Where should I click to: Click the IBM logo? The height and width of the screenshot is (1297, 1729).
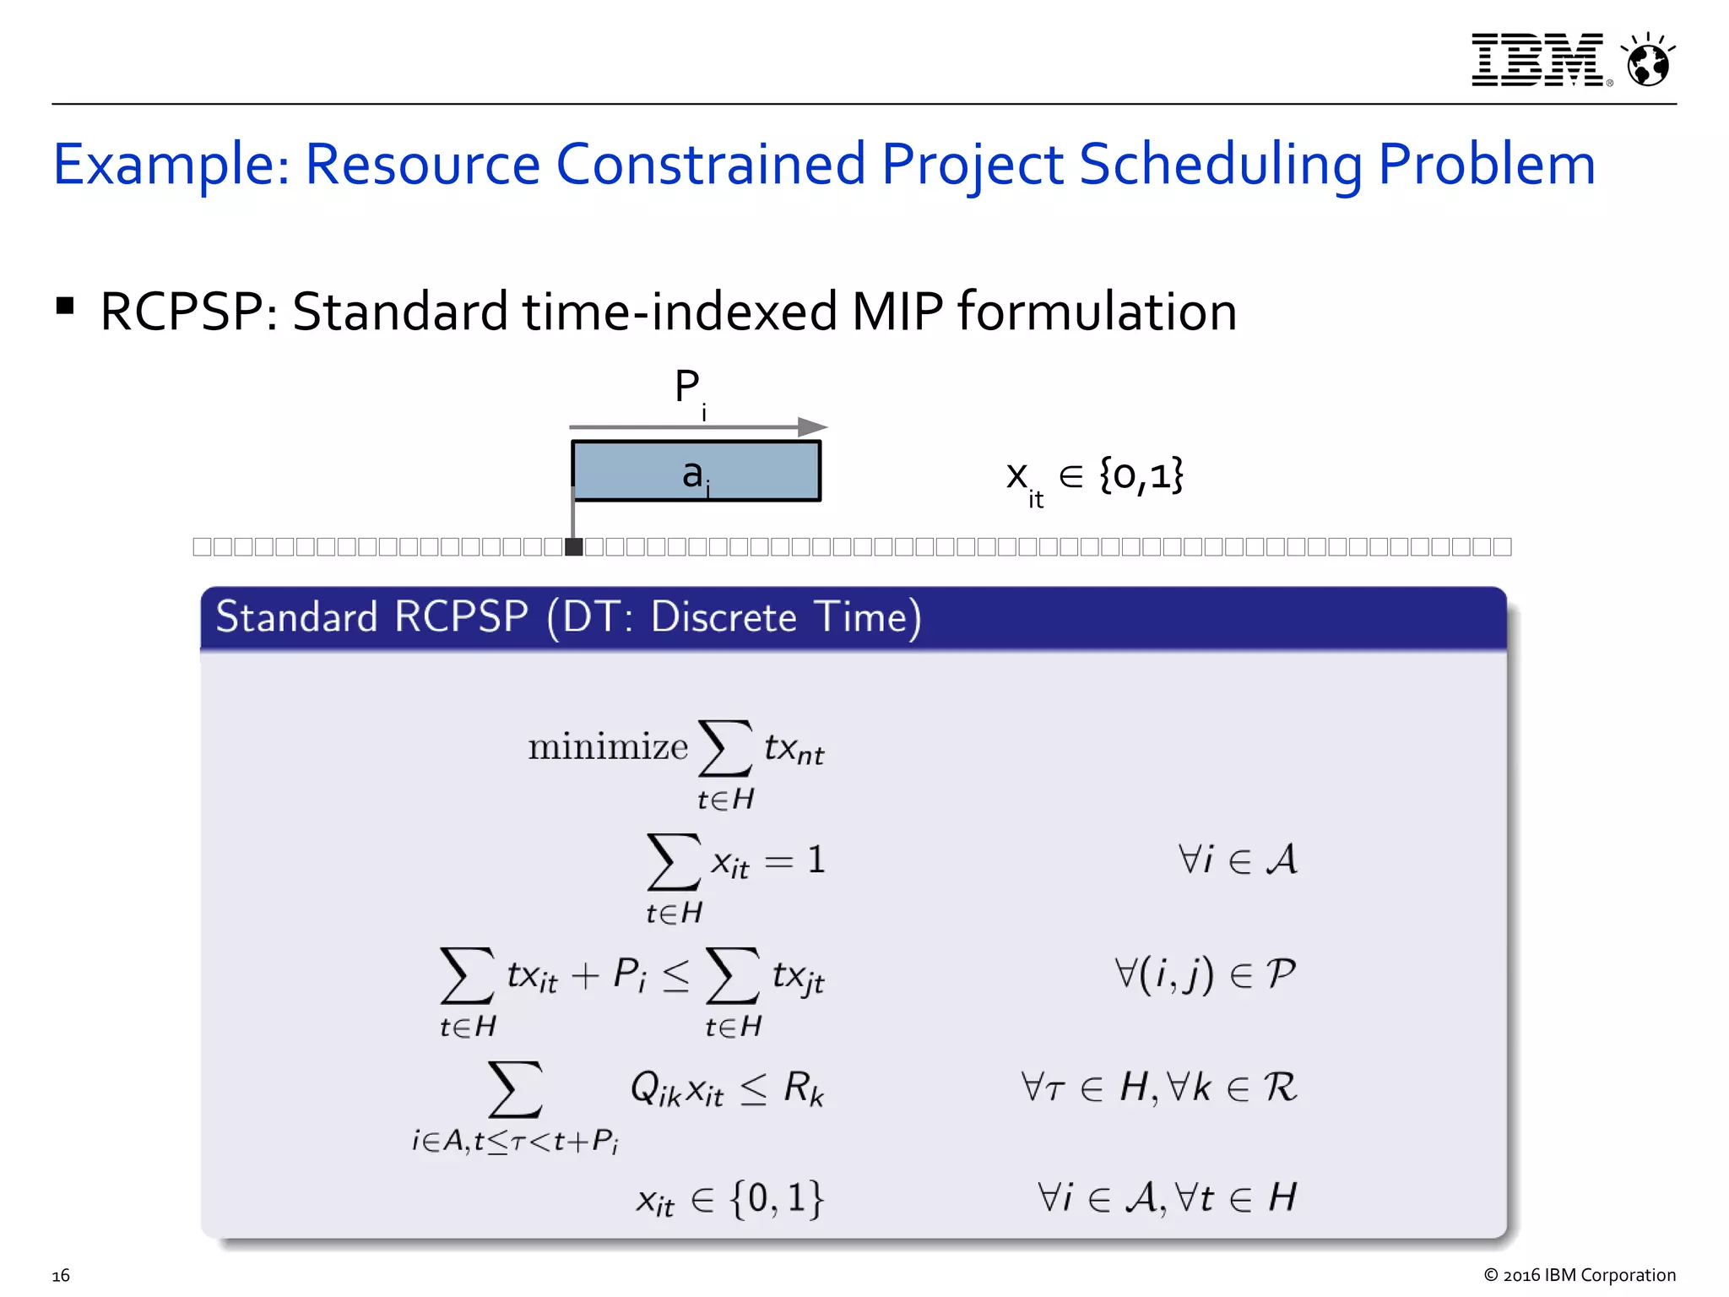coord(1537,60)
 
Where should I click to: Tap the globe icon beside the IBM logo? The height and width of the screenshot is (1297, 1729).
coord(1648,62)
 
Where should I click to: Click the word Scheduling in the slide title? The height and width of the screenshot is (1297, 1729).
coord(1220,164)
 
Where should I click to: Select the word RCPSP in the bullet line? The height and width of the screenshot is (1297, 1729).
coord(181,312)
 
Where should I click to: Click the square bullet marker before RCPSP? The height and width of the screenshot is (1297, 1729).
coord(65,306)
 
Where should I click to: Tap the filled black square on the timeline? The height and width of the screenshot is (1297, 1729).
coord(574,547)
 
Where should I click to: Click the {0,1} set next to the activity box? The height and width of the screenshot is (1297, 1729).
coord(1141,475)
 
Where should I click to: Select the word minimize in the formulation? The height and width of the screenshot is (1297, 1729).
coord(608,747)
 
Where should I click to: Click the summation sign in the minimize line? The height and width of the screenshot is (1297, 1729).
coord(725,748)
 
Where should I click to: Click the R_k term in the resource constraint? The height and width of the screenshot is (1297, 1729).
coord(803,1088)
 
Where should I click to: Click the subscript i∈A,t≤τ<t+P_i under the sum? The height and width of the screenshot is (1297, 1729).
coord(515,1142)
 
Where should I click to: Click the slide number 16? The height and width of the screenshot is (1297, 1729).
coord(61,1275)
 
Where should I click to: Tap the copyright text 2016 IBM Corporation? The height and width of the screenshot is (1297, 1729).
coord(1579,1275)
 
